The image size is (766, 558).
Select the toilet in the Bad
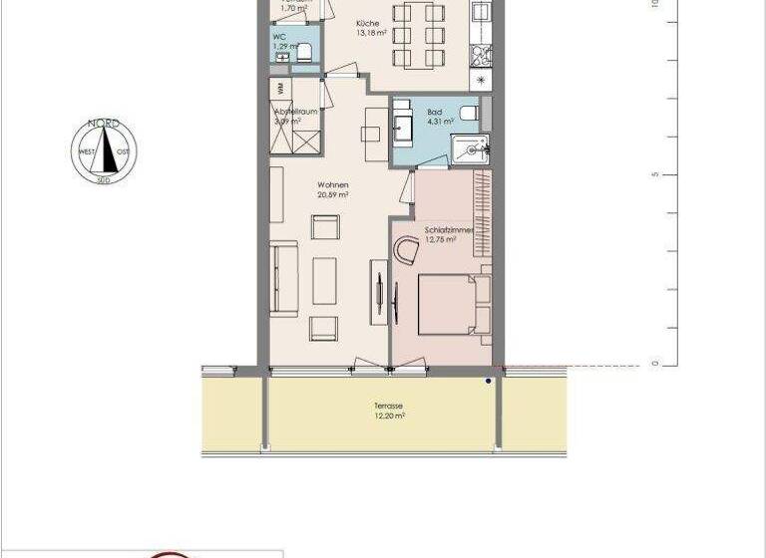pyautogui.click(x=470, y=112)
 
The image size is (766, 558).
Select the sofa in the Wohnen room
pyautogui.click(x=283, y=280)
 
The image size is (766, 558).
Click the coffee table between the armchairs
pyautogui.click(x=325, y=280)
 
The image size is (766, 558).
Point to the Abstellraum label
pyautogui.click(x=296, y=112)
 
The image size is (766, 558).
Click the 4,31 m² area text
pyautogui.click(x=439, y=122)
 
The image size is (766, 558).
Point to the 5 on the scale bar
pyautogui.click(x=654, y=175)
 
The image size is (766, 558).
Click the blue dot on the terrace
pyautogui.click(x=488, y=381)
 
